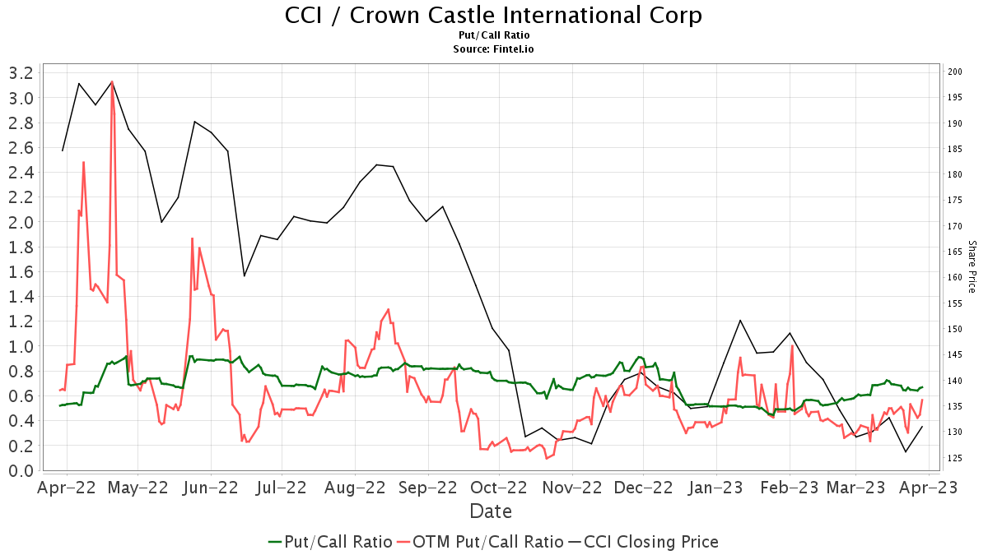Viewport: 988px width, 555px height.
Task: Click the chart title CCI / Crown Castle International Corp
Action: click(x=494, y=16)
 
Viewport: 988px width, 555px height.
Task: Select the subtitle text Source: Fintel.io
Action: click(x=494, y=49)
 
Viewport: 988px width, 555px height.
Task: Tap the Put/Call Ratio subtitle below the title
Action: click(x=494, y=35)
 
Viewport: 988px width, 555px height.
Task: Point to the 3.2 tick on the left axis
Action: click(x=20, y=73)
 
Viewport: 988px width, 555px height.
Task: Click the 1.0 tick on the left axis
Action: click(x=20, y=346)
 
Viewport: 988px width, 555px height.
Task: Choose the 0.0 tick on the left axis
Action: click(x=20, y=470)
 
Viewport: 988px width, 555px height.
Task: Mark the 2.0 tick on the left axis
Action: click(x=20, y=222)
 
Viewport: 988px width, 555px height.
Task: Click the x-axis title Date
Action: click(x=491, y=511)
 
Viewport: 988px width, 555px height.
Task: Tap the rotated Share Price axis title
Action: click(x=972, y=266)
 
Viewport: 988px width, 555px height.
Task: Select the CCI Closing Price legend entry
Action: click(x=642, y=542)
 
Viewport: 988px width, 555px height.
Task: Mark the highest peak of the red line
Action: click(x=112, y=82)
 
